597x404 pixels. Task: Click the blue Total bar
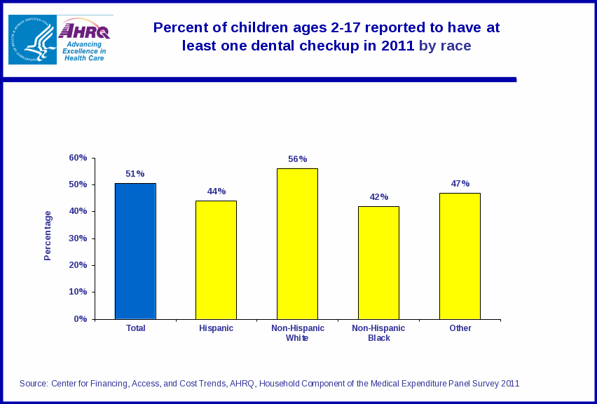[135, 251]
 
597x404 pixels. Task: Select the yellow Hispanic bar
[216, 260]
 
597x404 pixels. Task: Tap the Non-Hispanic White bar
[297, 243]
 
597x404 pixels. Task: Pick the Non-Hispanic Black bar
[378, 262]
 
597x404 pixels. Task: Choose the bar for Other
[460, 256]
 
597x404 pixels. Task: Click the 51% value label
[135, 174]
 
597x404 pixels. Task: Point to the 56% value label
[298, 159]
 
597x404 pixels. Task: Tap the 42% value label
[379, 197]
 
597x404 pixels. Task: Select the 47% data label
[460, 184]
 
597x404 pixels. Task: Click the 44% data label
[217, 191]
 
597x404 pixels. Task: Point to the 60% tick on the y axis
[78, 158]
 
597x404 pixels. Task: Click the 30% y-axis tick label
[78, 238]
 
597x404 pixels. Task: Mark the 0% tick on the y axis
[81, 319]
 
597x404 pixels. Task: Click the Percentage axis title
[48, 236]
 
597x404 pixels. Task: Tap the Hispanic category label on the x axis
[216, 328]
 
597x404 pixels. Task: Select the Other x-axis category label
[460, 328]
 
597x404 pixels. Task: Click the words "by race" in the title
[445, 46]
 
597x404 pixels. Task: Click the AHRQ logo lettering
[85, 31]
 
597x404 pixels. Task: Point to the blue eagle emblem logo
[32, 40]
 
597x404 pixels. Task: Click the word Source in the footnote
[33, 384]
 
